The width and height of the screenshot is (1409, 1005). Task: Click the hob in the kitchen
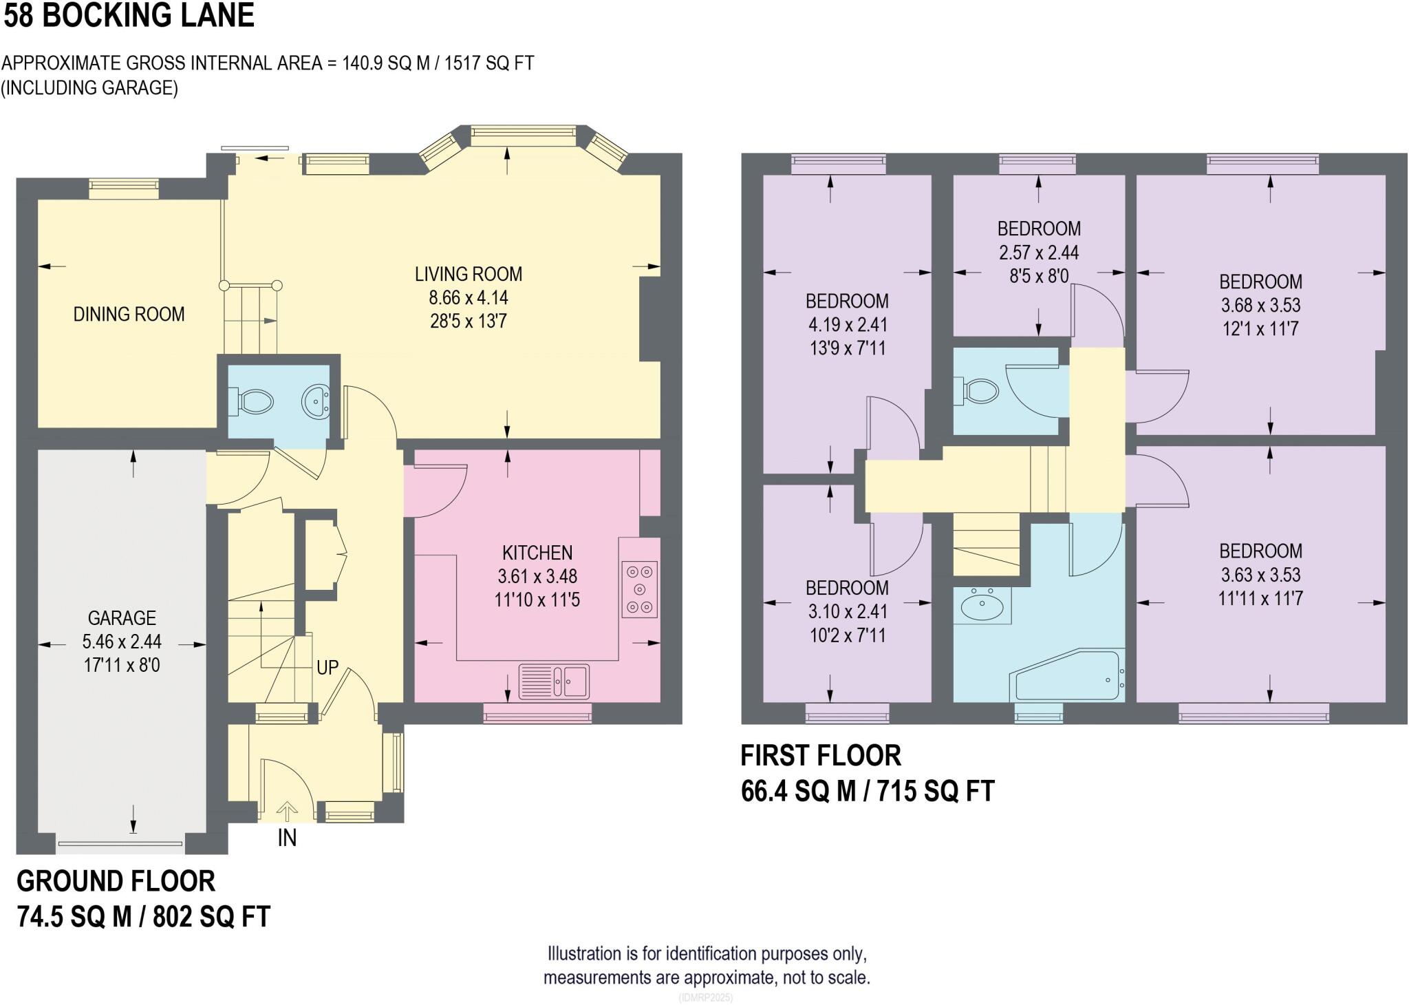click(640, 589)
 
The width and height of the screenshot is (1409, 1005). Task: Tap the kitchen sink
click(554, 680)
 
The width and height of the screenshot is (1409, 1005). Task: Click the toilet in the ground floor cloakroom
click(254, 401)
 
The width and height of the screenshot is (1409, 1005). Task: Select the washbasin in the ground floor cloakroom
click(316, 401)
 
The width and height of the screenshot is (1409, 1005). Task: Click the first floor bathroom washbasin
click(982, 606)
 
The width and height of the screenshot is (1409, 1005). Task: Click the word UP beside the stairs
click(327, 668)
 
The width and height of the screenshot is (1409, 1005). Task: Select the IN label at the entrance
click(287, 838)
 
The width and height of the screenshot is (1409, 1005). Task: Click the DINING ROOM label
click(129, 315)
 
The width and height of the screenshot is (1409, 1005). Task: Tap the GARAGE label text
click(122, 617)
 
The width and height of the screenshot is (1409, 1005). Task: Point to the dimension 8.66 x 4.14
click(469, 298)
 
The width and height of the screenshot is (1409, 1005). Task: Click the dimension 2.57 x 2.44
click(1039, 253)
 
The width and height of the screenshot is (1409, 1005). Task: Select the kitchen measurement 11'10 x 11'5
click(537, 600)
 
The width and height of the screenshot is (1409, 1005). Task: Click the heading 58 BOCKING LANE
click(129, 16)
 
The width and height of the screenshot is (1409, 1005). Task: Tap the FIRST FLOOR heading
click(820, 756)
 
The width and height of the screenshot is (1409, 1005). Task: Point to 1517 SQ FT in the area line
click(488, 63)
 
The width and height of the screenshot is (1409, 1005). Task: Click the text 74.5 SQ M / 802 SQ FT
click(143, 917)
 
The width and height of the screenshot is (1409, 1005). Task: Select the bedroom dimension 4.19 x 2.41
click(847, 324)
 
